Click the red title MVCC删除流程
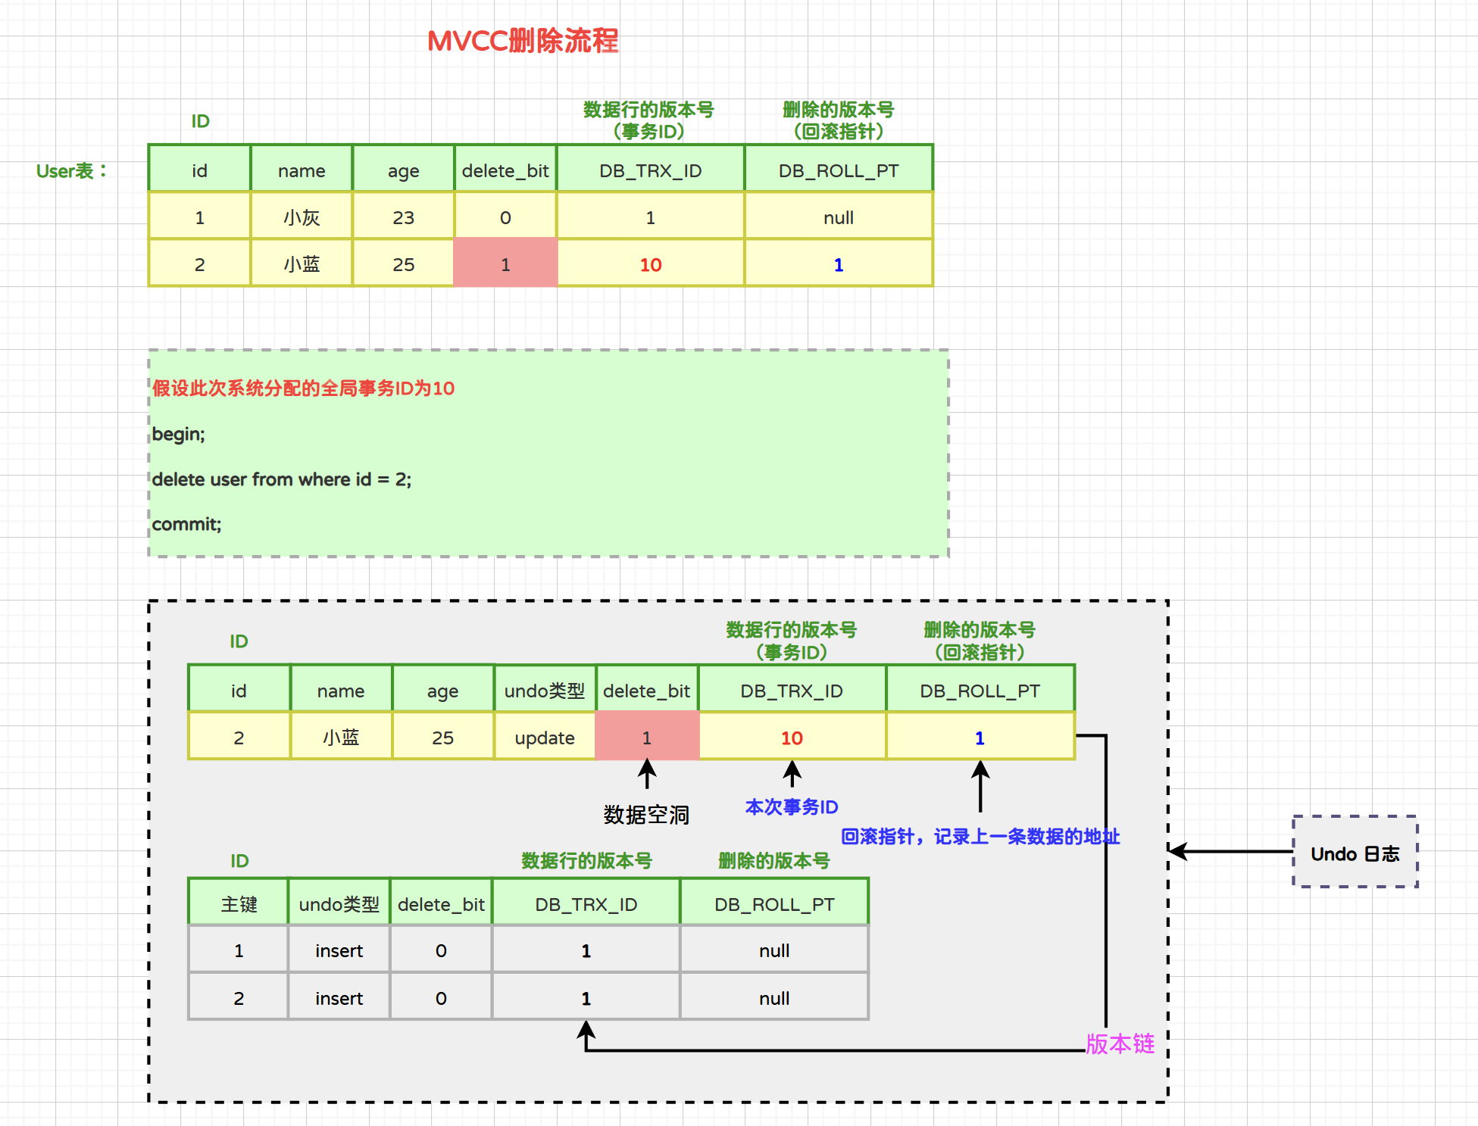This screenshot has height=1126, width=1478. pos(523,41)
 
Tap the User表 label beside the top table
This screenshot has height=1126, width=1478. pos(71,171)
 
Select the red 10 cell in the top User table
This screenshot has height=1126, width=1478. pos(650,264)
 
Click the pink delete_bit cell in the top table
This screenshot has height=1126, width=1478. pos(505,264)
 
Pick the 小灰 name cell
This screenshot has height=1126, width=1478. pos(302,218)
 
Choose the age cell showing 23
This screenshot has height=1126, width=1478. pos(403,218)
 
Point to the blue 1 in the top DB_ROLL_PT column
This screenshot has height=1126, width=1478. pos(838,264)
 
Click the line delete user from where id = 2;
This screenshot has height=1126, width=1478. pos(281,479)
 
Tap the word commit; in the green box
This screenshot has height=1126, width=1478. pos(186,524)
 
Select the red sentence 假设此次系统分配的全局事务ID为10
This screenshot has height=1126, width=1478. pos(303,388)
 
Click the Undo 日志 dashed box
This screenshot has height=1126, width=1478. pos(1355,853)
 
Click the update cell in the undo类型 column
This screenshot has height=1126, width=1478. pos(544,738)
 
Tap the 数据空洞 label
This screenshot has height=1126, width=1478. pos(646,815)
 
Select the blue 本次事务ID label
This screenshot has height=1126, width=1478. pos(791,807)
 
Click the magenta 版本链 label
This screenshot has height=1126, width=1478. pos(1120,1044)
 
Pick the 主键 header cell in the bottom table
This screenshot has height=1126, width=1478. pos(239,904)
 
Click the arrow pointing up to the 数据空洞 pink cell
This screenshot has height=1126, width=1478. pos(646,774)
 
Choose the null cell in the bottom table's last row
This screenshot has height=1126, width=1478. pos(773,998)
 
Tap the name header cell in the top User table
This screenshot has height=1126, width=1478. pos(302,171)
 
